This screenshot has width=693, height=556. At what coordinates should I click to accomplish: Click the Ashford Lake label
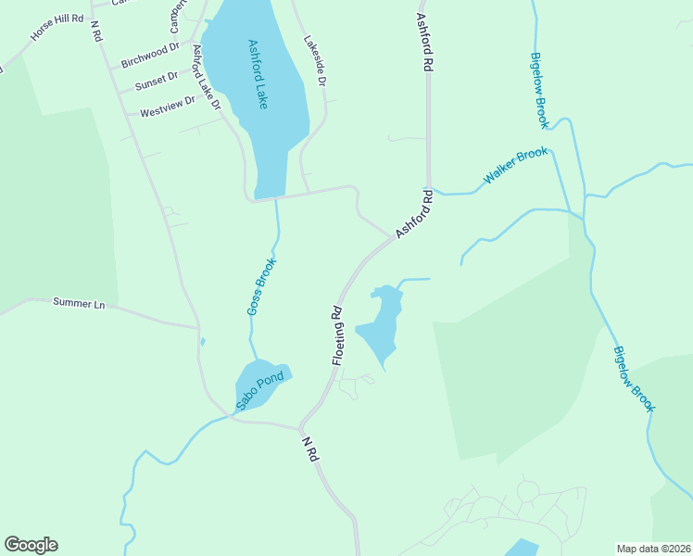pos(258,74)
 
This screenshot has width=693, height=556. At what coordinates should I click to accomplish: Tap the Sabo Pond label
pos(258,385)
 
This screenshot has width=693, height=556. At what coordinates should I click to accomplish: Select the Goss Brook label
pos(262,285)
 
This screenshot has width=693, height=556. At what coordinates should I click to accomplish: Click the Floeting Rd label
pos(338,336)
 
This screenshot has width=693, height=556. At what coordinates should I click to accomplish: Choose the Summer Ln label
pos(79,302)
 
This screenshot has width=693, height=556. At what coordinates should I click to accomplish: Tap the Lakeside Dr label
pos(316,61)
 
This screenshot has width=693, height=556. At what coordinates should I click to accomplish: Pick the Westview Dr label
pos(168,107)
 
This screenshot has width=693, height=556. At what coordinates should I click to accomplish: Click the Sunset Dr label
pos(156,82)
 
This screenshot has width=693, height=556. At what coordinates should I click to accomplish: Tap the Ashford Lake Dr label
pos(205,77)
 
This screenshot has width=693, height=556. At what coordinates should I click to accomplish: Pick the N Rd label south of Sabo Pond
pos(311,449)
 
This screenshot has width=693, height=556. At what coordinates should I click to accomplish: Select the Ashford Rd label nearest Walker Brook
pos(415,214)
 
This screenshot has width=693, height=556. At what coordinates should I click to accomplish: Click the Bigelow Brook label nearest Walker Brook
pos(539,89)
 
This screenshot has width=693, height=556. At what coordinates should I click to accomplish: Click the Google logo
pos(31,545)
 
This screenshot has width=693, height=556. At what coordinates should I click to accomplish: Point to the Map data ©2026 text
pos(652,549)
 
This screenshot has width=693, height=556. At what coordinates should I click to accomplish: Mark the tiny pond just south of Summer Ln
pos(203,342)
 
